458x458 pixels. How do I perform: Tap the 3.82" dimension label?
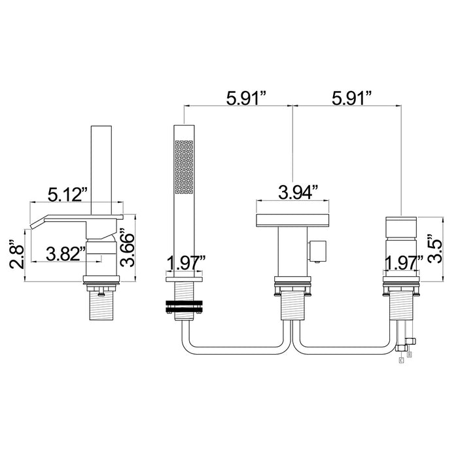tap(65, 254)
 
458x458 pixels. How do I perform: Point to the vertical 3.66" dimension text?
tap(127, 248)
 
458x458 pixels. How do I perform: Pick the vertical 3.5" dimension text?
tap(435, 249)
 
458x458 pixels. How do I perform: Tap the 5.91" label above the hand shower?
tap(247, 98)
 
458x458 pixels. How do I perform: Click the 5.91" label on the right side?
tap(352, 98)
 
